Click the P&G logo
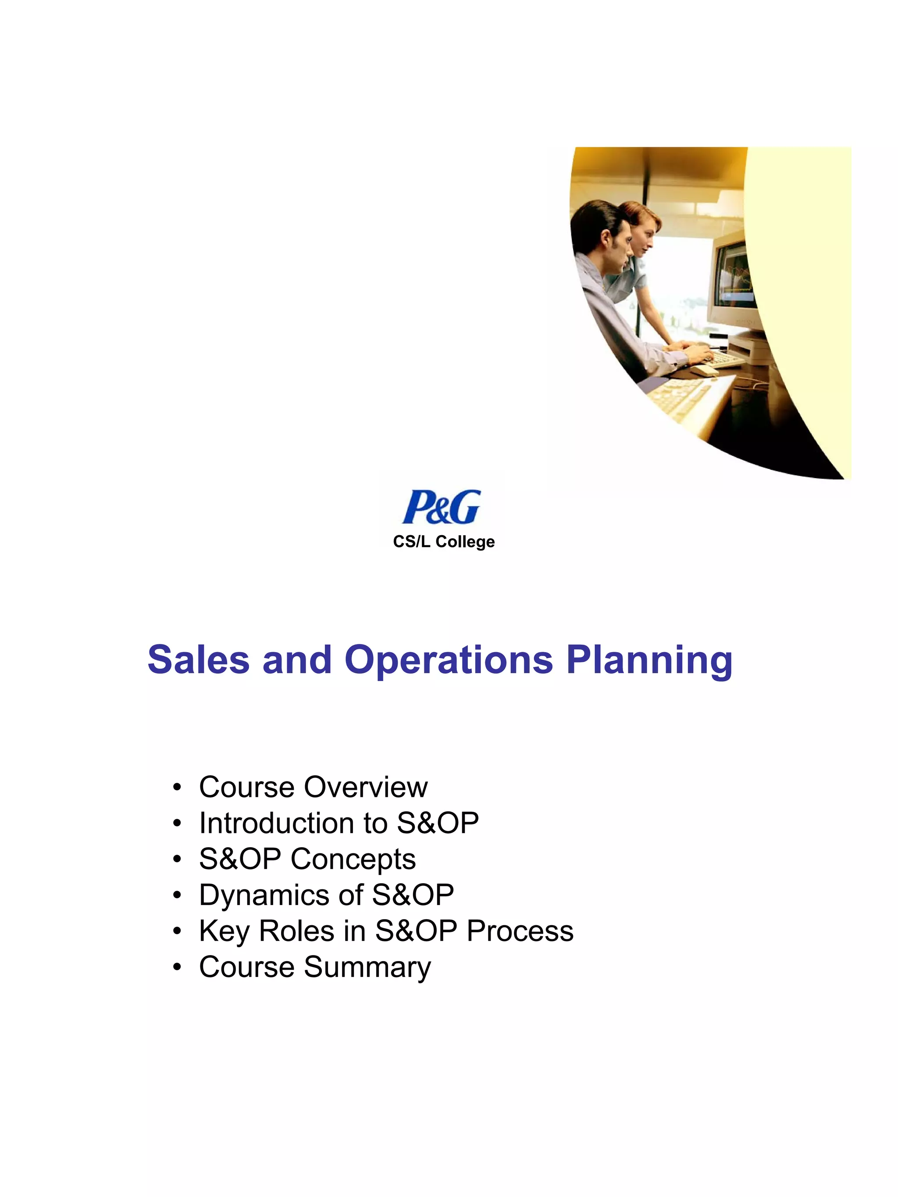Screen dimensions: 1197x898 [441, 507]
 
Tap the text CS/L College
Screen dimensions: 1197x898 [444, 542]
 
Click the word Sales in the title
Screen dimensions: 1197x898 [198, 660]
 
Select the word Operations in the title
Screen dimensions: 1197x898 [449, 661]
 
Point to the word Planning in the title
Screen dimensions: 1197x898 [649, 661]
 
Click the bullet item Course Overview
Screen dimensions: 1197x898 [313, 787]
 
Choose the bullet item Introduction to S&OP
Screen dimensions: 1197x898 [339, 823]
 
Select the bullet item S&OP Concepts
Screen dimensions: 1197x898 [307, 859]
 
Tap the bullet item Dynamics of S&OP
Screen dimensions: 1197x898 [326, 895]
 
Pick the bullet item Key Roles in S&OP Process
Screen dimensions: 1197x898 [386, 931]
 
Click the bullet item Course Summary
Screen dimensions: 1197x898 [315, 967]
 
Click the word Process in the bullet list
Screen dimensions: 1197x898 [520, 931]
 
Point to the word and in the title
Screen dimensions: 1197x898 [296, 660]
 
